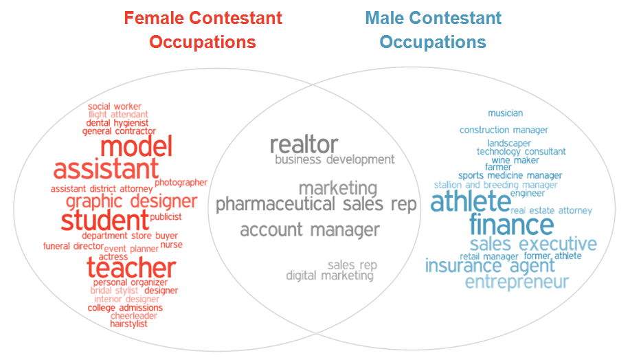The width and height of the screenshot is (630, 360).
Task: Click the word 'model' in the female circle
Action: click(136, 146)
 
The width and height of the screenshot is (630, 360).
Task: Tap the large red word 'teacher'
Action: click(131, 268)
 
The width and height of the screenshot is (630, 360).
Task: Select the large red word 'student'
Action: click(104, 221)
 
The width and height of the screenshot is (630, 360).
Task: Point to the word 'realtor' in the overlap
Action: click(304, 144)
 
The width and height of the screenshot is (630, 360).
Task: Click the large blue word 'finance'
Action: click(511, 225)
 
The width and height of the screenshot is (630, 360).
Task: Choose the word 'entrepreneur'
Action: click(517, 282)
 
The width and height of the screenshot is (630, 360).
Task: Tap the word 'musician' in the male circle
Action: click(505, 113)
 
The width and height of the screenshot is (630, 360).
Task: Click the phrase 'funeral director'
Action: click(73, 246)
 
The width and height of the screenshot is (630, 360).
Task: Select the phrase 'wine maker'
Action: click(515, 160)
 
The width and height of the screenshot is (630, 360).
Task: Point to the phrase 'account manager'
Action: click(309, 230)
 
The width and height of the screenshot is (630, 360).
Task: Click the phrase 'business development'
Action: click(335, 159)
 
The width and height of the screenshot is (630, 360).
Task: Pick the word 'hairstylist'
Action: click(128, 324)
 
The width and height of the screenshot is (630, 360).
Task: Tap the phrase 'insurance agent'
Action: click(489, 265)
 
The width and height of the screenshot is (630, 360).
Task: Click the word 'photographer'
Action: click(181, 183)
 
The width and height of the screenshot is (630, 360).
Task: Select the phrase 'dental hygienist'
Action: click(117, 123)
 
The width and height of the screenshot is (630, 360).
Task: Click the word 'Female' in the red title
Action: click(158, 18)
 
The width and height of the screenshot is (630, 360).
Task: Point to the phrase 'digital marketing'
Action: click(330, 276)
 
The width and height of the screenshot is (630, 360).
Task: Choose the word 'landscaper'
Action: click(509, 143)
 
